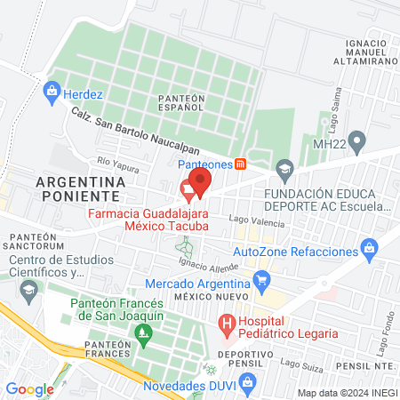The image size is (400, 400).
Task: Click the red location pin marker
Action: coord(201,183)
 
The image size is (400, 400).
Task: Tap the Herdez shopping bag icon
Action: coord(52,91)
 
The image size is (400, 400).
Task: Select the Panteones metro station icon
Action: coord(240,164)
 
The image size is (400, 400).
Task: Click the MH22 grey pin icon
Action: coord(358,140)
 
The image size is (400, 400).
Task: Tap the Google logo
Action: coord(30,388)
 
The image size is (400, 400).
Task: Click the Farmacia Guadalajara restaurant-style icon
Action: coord(188,188)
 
